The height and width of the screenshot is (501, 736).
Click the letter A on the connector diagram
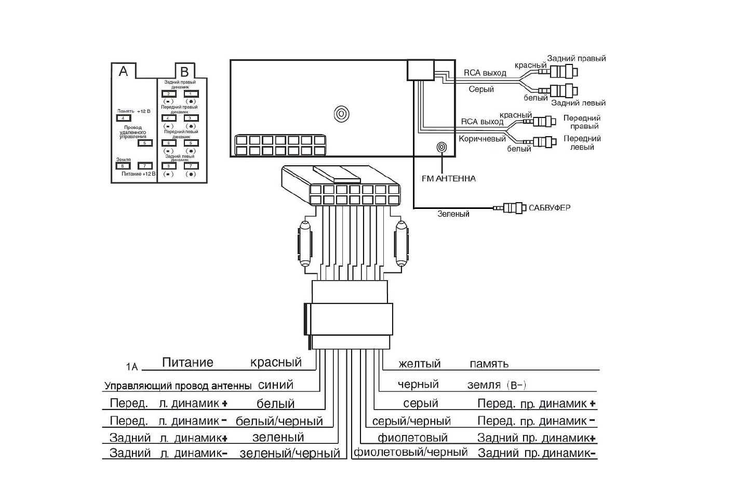pyautogui.click(x=123, y=71)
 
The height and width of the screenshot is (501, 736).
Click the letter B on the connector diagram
pyautogui.click(x=185, y=72)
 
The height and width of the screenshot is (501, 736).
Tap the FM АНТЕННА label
pyautogui.click(x=449, y=179)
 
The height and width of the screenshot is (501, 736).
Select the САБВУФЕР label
pyautogui.click(x=550, y=208)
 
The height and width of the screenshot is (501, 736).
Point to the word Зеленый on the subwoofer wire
pyautogui.click(x=453, y=214)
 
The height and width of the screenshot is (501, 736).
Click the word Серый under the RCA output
pyautogui.click(x=481, y=89)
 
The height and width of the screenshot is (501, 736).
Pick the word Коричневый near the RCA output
pyautogui.click(x=482, y=139)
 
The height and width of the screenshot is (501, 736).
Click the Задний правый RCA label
pyautogui.click(x=577, y=59)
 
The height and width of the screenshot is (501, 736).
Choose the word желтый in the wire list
pyautogui.click(x=420, y=364)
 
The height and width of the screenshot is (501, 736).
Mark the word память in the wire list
pyautogui.click(x=489, y=364)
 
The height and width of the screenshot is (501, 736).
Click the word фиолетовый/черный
pyautogui.click(x=411, y=452)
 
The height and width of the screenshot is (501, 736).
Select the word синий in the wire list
pyautogui.click(x=276, y=385)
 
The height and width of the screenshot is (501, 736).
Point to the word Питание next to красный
pyautogui.click(x=188, y=362)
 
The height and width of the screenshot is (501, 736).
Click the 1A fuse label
pyautogui.click(x=132, y=367)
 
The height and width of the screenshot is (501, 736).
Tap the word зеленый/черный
pyautogui.click(x=290, y=454)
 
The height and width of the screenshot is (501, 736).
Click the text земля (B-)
pyautogui.click(x=497, y=385)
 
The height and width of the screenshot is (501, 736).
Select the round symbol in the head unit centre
pyautogui.click(x=341, y=114)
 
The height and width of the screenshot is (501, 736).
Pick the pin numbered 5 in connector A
pyautogui.click(x=145, y=143)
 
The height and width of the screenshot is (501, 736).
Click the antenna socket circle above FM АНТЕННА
pyautogui.click(x=441, y=148)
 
